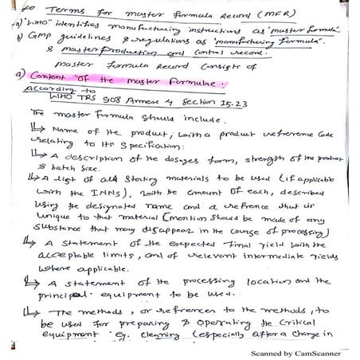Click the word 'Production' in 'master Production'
[x=139, y=54]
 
